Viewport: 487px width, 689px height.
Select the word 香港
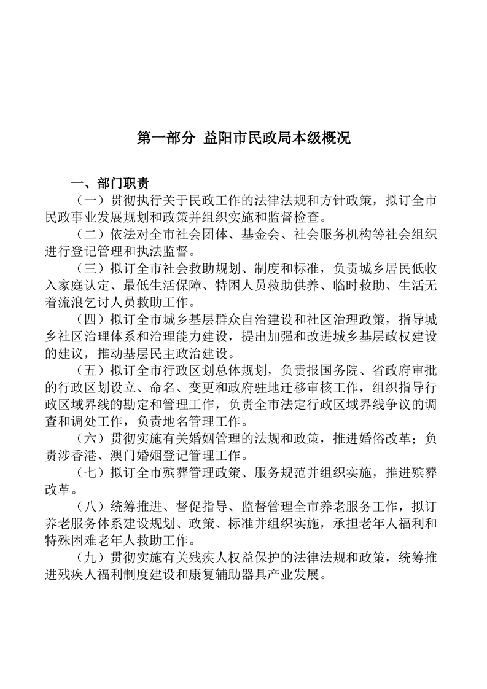coord(92,456)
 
